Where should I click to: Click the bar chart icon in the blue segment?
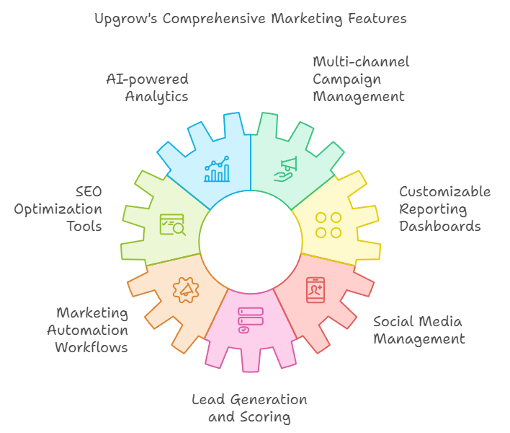(x=217, y=170)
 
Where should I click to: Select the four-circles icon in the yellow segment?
(x=328, y=224)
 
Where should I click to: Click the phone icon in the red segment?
(x=316, y=289)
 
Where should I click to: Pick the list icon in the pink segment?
(x=251, y=320)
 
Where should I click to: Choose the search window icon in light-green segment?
(x=172, y=224)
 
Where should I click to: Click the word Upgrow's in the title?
(x=125, y=18)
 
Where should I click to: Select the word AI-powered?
(x=147, y=79)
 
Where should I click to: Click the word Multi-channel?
(x=361, y=62)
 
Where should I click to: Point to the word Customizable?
(x=445, y=192)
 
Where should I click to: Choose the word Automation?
(x=88, y=331)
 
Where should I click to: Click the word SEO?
(x=89, y=192)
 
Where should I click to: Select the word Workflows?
(x=91, y=348)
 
